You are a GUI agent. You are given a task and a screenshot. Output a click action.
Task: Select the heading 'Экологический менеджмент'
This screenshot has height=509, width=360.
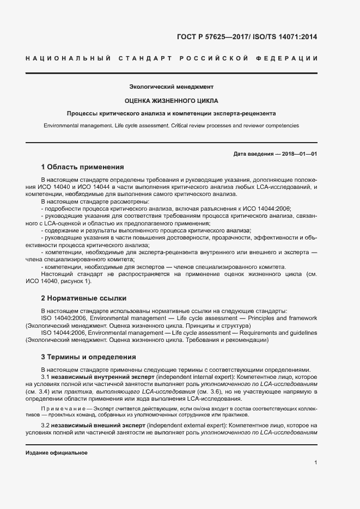[x=171, y=87]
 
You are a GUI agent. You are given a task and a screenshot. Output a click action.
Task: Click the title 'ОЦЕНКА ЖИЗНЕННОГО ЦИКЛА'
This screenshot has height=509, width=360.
[x=171, y=100]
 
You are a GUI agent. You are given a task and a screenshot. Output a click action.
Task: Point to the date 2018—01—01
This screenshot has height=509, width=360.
[x=299, y=154]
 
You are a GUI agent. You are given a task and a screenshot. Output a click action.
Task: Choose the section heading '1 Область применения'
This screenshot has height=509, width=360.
[x=83, y=167]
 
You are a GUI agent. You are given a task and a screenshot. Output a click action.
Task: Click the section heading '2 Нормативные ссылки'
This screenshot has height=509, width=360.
[x=84, y=298]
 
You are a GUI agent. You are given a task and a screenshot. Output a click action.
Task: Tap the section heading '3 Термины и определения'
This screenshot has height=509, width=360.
[x=88, y=357]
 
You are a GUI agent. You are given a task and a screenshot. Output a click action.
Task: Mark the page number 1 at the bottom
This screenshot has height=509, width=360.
[x=316, y=462]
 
